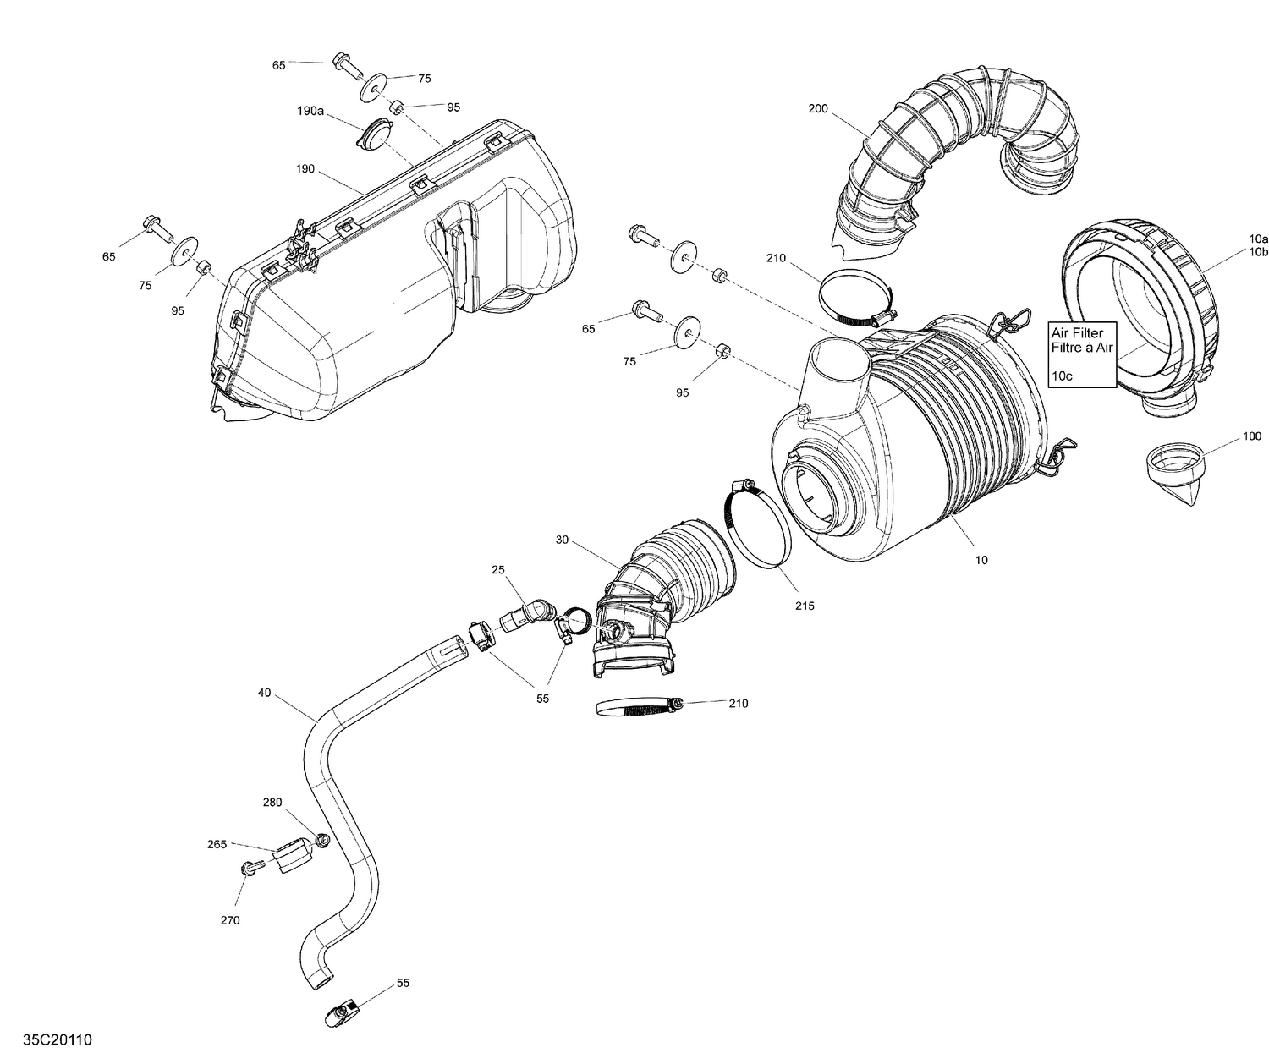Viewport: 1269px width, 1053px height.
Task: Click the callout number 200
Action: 817,109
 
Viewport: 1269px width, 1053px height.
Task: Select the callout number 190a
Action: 310,111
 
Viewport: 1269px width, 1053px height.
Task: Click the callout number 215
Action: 805,606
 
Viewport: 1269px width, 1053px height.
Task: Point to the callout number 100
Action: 1251,436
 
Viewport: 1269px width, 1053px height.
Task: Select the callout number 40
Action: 265,694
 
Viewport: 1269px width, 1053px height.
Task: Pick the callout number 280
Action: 272,803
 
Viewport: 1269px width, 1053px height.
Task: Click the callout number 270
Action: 230,920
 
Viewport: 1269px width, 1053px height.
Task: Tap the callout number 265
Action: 217,844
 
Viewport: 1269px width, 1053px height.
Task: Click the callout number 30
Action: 563,540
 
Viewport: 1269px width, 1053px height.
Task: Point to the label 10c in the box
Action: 1062,376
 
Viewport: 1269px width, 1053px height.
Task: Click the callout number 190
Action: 305,169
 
